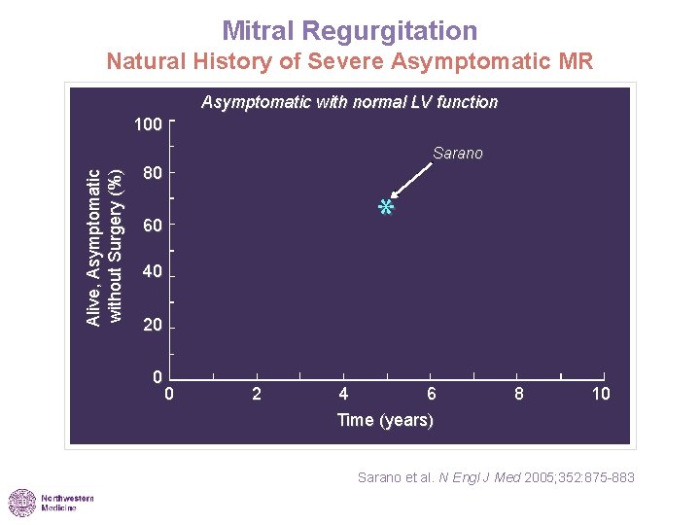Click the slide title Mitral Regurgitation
349,30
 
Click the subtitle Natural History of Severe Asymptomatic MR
349,63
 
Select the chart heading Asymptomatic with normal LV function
349,102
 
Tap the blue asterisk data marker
386,208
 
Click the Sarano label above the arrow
457,154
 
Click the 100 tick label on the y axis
148,125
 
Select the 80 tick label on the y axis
152,174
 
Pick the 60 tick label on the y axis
152,227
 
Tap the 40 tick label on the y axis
152,273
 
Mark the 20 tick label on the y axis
152,326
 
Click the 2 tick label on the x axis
257,394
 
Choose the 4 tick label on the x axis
344,394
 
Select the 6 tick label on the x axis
432,394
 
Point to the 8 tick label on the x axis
519,394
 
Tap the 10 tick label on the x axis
602,394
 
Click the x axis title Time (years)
385,420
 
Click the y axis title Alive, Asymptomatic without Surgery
103,247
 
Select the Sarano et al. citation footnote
496,476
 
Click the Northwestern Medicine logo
52,503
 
